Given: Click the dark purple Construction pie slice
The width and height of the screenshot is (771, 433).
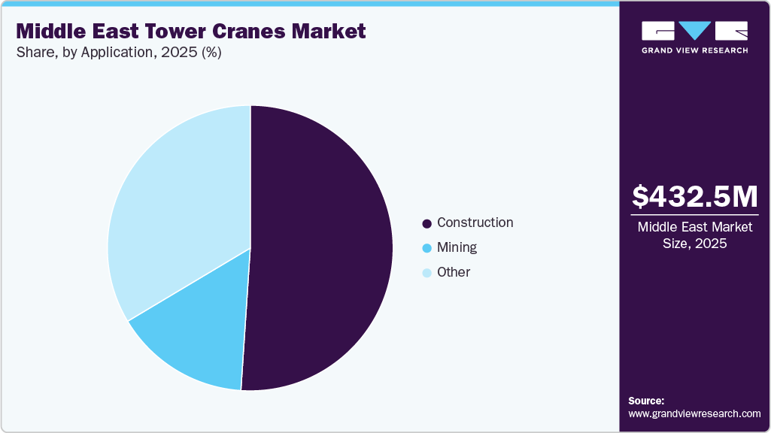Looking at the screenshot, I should pos(323,248).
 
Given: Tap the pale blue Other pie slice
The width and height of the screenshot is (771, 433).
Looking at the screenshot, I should pos(177,203).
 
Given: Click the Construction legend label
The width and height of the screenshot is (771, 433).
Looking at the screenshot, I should pos(475,223).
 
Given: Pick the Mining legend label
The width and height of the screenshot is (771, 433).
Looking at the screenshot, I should pos(457,247).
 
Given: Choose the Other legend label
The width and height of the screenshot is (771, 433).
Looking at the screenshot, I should pos(453,272).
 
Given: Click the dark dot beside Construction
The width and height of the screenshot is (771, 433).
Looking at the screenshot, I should pos(427,223).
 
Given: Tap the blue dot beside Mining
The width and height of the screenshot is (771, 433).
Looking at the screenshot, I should pos(427,248).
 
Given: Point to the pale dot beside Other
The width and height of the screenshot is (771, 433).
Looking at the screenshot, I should pos(427,273).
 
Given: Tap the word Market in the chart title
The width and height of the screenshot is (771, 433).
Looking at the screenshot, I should pos(329,32).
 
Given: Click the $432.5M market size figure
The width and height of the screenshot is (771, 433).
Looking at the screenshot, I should pos(694,197).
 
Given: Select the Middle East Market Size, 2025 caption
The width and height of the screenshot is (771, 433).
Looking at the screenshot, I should pos(694,235).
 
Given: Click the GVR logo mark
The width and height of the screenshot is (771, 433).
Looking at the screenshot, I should pos(694,31).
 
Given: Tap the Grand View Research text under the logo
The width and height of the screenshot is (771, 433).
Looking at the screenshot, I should pos(694,50).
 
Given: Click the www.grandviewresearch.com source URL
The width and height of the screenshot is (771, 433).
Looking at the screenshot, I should pos(694,413).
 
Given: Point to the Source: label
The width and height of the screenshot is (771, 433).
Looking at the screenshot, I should pos(646,401).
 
